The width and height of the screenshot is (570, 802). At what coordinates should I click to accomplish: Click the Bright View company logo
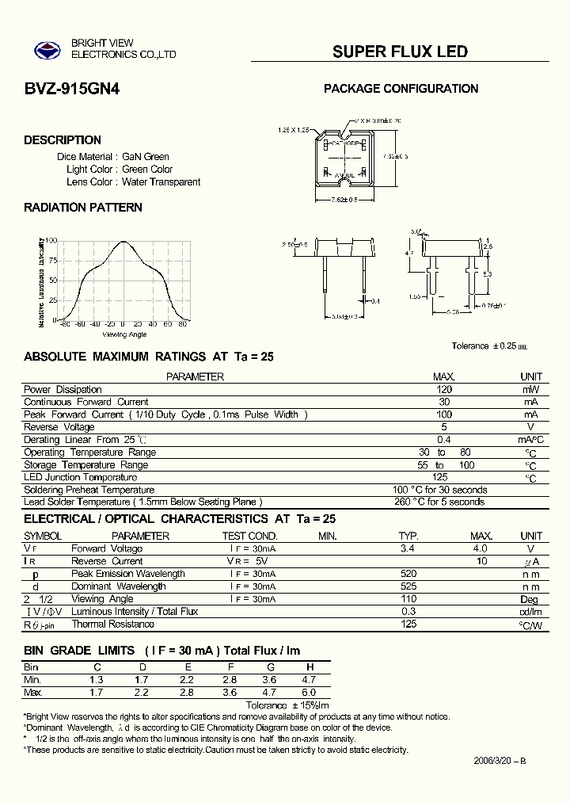(x=47, y=49)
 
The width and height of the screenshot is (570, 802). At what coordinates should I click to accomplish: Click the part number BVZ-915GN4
(x=72, y=90)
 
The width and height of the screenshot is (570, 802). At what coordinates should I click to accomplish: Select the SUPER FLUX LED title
(x=400, y=52)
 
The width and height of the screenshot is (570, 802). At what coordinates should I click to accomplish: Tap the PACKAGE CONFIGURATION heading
(x=401, y=89)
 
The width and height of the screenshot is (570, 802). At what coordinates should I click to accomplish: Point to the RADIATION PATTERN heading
(x=83, y=208)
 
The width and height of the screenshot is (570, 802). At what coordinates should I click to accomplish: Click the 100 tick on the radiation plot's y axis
(x=51, y=240)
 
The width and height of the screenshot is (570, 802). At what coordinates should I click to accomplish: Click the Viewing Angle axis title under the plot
(x=124, y=334)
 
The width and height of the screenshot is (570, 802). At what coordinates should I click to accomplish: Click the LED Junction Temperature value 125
(x=441, y=477)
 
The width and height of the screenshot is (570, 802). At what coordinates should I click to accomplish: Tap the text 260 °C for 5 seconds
(x=439, y=502)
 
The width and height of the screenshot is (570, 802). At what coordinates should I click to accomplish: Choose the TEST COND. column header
(x=250, y=537)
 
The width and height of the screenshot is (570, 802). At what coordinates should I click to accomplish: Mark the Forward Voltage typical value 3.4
(x=408, y=548)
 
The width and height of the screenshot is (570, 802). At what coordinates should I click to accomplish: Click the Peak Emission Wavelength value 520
(x=408, y=574)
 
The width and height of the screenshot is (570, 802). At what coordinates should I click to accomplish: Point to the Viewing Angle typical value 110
(x=408, y=599)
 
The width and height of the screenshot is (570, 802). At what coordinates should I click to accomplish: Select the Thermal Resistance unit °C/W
(x=530, y=625)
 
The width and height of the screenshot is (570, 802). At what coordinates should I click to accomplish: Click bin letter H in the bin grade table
(x=310, y=667)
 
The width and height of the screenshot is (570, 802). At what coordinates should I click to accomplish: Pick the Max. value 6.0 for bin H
(x=309, y=693)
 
